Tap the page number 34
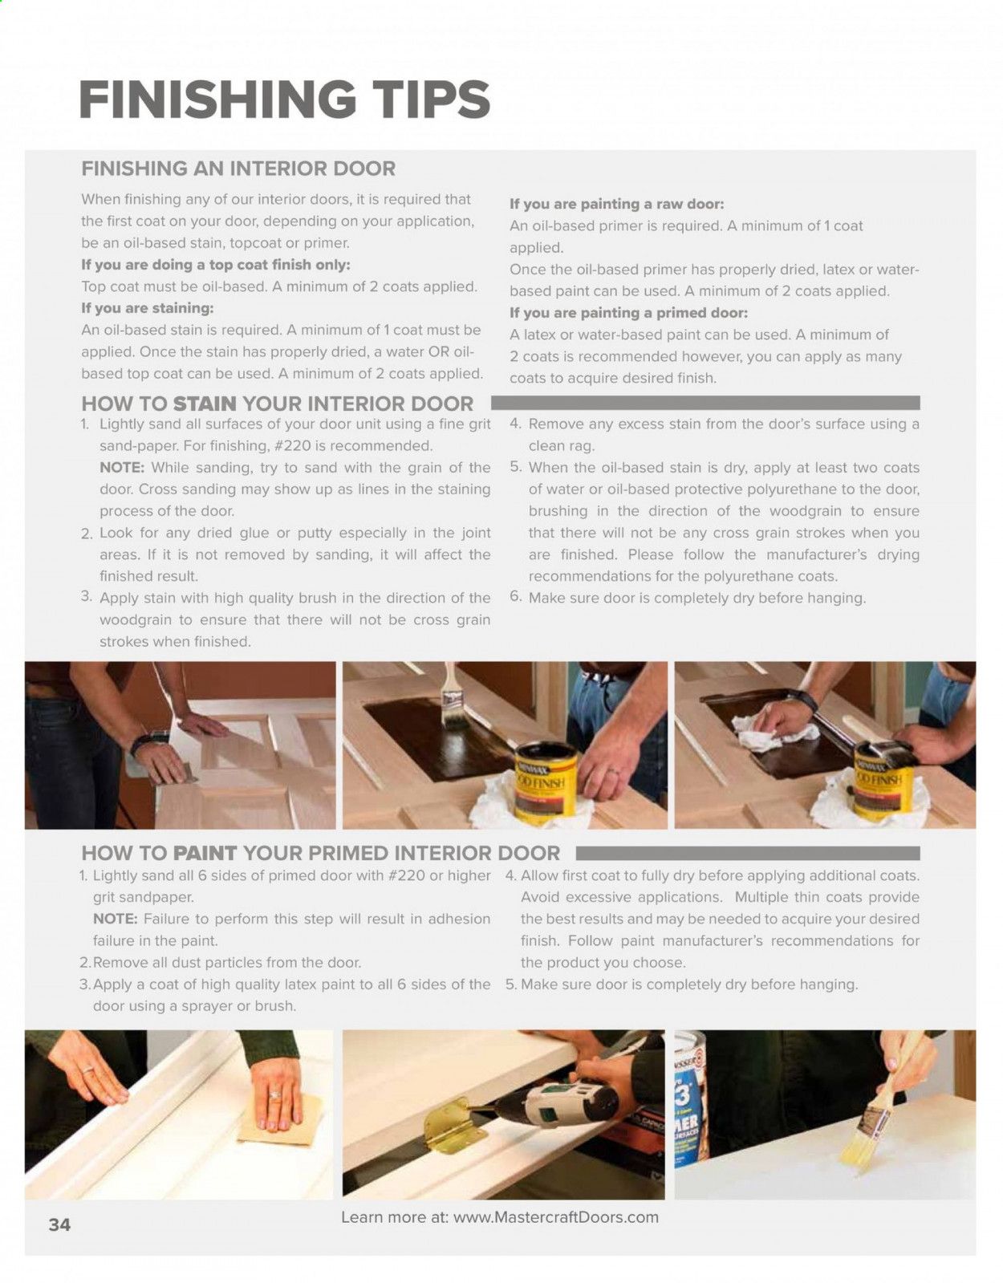point(59,1224)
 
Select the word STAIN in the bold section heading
point(205,404)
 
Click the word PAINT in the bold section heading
point(205,853)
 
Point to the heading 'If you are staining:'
point(148,308)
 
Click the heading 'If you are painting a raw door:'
point(617,205)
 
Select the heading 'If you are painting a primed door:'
point(629,313)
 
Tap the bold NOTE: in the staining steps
point(122,468)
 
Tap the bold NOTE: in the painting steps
point(115,919)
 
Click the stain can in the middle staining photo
point(542,780)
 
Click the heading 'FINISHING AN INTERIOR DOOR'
point(238,168)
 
